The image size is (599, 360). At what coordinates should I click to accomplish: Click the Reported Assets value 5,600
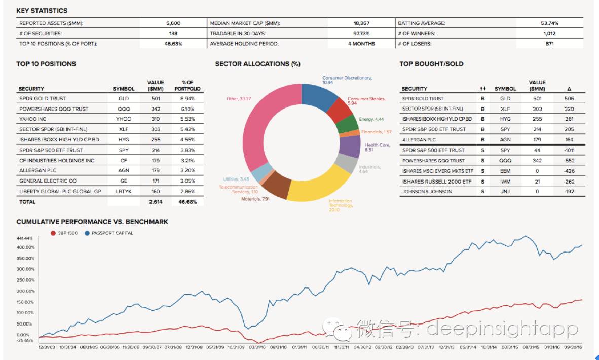173,23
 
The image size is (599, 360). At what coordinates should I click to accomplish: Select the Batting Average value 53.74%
549,23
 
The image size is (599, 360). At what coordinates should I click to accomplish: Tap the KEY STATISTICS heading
42,11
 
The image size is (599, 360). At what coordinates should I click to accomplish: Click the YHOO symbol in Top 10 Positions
124,119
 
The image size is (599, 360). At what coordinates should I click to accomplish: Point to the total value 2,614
156,202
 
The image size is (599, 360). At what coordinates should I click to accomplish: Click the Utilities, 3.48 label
236,179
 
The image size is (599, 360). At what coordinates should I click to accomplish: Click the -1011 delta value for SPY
569,151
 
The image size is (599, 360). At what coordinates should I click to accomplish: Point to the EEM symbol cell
505,171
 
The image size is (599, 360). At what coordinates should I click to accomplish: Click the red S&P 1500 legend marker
53,233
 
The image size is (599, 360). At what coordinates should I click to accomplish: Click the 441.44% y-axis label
25,238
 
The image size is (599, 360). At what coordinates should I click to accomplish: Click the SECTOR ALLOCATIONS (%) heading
257,64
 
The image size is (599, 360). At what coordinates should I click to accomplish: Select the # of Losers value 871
549,44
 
